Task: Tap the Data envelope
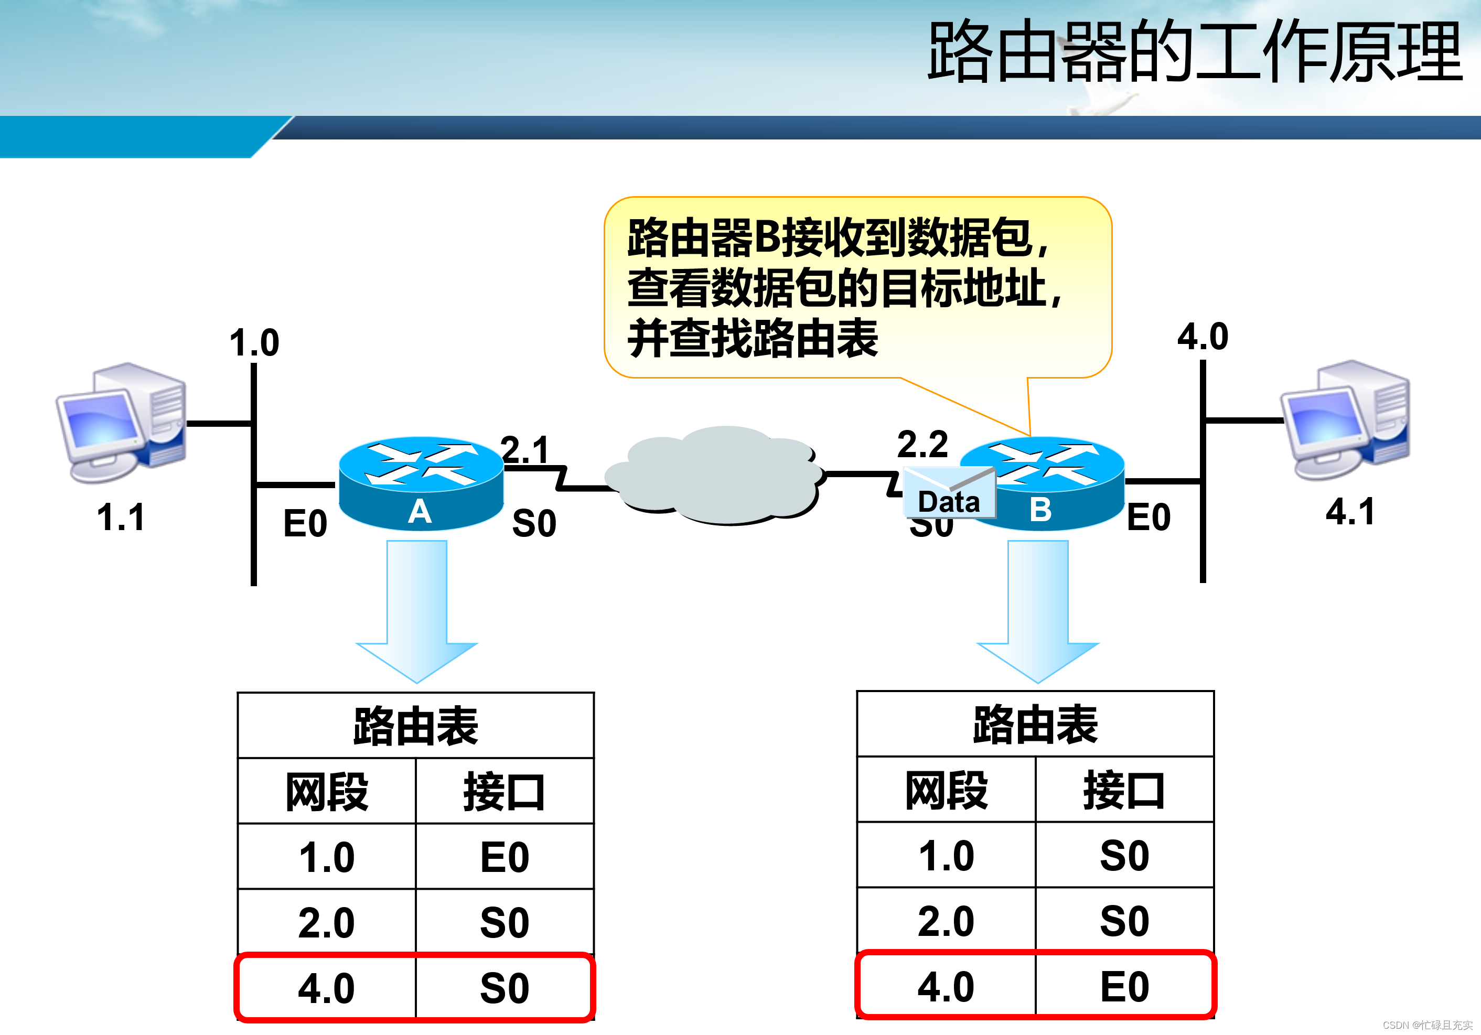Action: pyautogui.click(x=949, y=494)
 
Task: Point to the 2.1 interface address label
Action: pyautogui.click(x=524, y=449)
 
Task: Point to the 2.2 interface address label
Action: pyautogui.click(x=922, y=444)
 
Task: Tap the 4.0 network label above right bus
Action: pyautogui.click(x=1203, y=337)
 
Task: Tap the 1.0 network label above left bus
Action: pyautogui.click(x=254, y=342)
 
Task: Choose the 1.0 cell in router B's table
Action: pyautogui.click(x=946, y=856)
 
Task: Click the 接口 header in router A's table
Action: pyautogui.click(x=505, y=792)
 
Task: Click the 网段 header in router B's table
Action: pyautogui.click(x=946, y=790)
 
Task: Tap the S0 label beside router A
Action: pyautogui.click(x=534, y=523)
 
